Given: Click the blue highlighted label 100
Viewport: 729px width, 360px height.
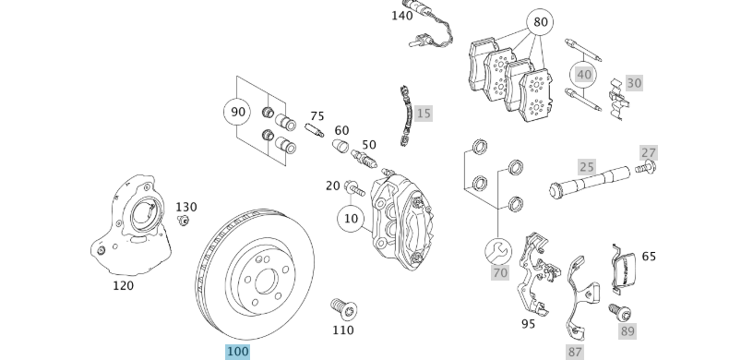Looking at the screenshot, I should [x=238, y=352].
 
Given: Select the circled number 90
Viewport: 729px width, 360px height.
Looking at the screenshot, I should [x=238, y=112].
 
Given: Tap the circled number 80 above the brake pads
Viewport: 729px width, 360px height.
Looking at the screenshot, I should [x=541, y=21].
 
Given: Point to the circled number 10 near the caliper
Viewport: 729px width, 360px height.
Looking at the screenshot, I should [x=351, y=219].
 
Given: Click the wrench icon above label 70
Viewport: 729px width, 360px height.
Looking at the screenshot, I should [x=500, y=249].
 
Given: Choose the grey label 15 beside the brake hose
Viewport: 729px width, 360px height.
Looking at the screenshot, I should [x=423, y=114].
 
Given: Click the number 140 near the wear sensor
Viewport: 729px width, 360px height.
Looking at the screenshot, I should [x=402, y=16].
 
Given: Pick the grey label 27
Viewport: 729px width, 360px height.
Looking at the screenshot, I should [x=649, y=152].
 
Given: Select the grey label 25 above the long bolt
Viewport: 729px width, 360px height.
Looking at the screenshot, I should [x=587, y=167].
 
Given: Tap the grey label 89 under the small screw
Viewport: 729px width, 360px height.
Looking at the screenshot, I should [x=627, y=330].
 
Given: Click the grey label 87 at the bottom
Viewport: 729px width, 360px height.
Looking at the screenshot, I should [x=576, y=352].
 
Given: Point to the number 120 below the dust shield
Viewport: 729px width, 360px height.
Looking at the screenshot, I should [x=123, y=285].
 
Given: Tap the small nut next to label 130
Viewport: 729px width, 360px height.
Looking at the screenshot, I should [x=183, y=220].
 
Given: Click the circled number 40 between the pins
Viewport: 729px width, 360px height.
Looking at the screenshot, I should [x=583, y=74].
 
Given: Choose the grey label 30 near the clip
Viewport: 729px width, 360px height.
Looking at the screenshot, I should [x=633, y=83].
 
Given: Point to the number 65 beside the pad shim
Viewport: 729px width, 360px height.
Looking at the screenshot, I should [x=649, y=256].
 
